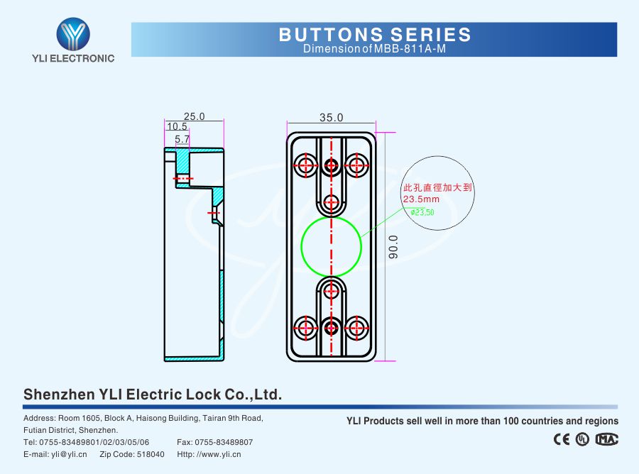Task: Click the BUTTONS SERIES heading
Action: pos(375,34)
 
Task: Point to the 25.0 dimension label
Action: pos(194,116)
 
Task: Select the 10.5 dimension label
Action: pos(177,126)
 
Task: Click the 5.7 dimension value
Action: pos(182,140)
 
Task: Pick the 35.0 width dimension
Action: pos(331,117)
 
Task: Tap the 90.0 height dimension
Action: pos(393,247)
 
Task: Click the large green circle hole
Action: pos(331,246)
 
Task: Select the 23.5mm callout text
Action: pos(421,199)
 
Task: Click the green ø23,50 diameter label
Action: pos(422,211)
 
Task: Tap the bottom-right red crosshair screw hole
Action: pos(355,327)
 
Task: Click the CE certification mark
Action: pos(562,439)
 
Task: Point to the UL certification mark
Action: pos(583,439)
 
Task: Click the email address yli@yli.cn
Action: pos(68,454)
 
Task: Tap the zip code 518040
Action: pos(151,454)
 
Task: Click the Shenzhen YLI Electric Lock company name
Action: pos(153,395)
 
